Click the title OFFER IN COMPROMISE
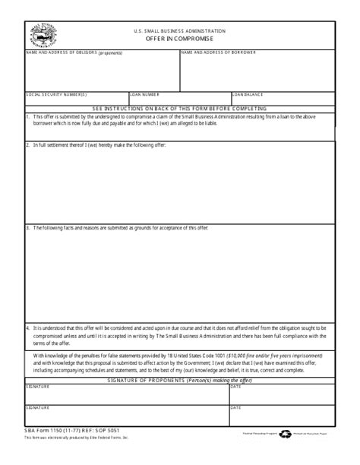(x=179, y=38)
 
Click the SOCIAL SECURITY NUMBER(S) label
(x=56, y=95)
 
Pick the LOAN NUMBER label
(x=144, y=95)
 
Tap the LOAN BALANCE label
(x=248, y=95)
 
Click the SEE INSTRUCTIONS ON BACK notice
(x=180, y=109)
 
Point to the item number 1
(x=27, y=116)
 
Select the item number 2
(x=27, y=144)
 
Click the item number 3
(x=27, y=227)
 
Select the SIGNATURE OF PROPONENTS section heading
(x=179, y=379)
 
